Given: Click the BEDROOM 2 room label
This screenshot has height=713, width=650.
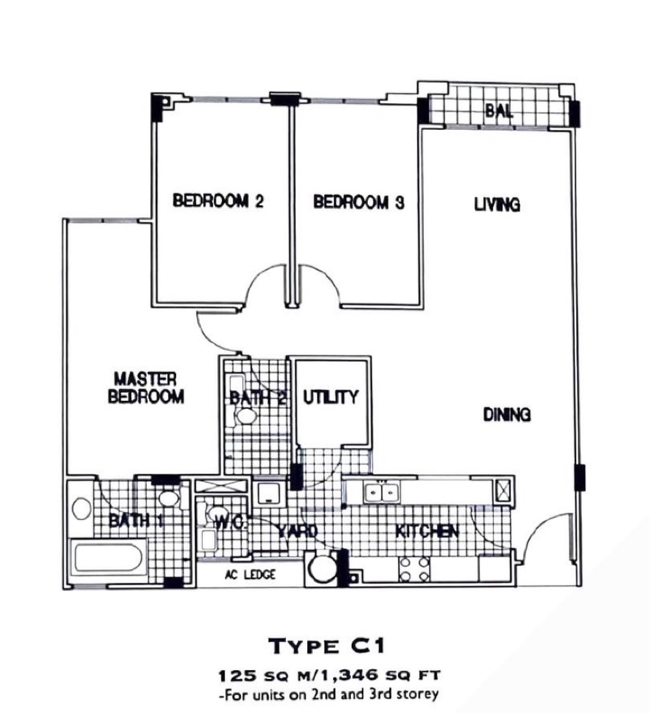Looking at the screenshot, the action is click(x=219, y=201).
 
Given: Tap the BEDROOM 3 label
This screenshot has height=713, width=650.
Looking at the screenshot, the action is click(x=358, y=202).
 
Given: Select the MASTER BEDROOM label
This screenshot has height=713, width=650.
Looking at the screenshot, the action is click(x=146, y=388).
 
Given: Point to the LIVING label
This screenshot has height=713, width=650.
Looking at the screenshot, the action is click(x=497, y=205).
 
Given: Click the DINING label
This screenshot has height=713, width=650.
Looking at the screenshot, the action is click(x=507, y=415).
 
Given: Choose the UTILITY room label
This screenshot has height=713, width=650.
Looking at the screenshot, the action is click(x=331, y=397).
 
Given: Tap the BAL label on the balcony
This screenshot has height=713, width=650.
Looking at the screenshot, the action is click(x=499, y=111).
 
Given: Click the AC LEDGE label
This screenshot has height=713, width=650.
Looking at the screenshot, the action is click(x=250, y=575).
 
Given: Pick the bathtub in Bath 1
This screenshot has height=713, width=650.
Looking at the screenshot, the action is click(x=108, y=558).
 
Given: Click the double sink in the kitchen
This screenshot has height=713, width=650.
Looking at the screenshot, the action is click(x=382, y=493).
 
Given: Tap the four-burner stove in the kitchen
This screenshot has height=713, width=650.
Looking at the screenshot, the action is click(x=414, y=569).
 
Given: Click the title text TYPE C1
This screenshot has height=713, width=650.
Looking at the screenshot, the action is click(x=327, y=646).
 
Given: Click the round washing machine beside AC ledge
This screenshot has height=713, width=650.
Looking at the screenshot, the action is click(x=322, y=568).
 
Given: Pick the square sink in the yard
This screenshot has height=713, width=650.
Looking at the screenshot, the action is click(x=269, y=493).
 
